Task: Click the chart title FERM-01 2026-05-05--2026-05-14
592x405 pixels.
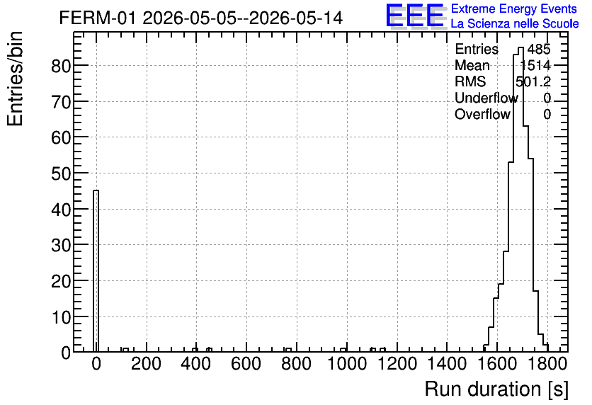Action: (x=201, y=18)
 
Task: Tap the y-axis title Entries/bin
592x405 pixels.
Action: (x=15, y=79)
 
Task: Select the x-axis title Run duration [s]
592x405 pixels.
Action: (x=496, y=389)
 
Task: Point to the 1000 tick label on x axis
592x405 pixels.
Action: (x=346, y=364)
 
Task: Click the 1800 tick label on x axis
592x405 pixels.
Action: (x=547, y=364)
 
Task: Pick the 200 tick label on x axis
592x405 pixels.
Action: (x=146, y=364)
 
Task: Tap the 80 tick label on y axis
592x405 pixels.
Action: (x=61, y=66)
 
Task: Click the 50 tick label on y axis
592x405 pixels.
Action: (x=61, y=173)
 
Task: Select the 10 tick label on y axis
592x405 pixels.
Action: (x=61, y=317)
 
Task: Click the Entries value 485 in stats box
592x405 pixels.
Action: (x=539, y=49)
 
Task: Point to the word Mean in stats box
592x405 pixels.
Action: (x=472, y=65)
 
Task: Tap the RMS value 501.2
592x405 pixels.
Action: (x=533, y=81)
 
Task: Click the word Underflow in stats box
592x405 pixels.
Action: (x=486, y=98)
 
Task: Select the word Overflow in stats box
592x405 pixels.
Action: (x=482, y=114)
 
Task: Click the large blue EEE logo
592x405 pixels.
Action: (x=415, y=16)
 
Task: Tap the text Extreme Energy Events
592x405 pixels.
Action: (x=514, y=8)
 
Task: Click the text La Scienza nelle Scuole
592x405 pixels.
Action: (x=515, y=23)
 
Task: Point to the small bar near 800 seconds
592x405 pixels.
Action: (x=288, y=350)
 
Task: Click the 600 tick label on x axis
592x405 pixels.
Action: (x=246, y=364)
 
